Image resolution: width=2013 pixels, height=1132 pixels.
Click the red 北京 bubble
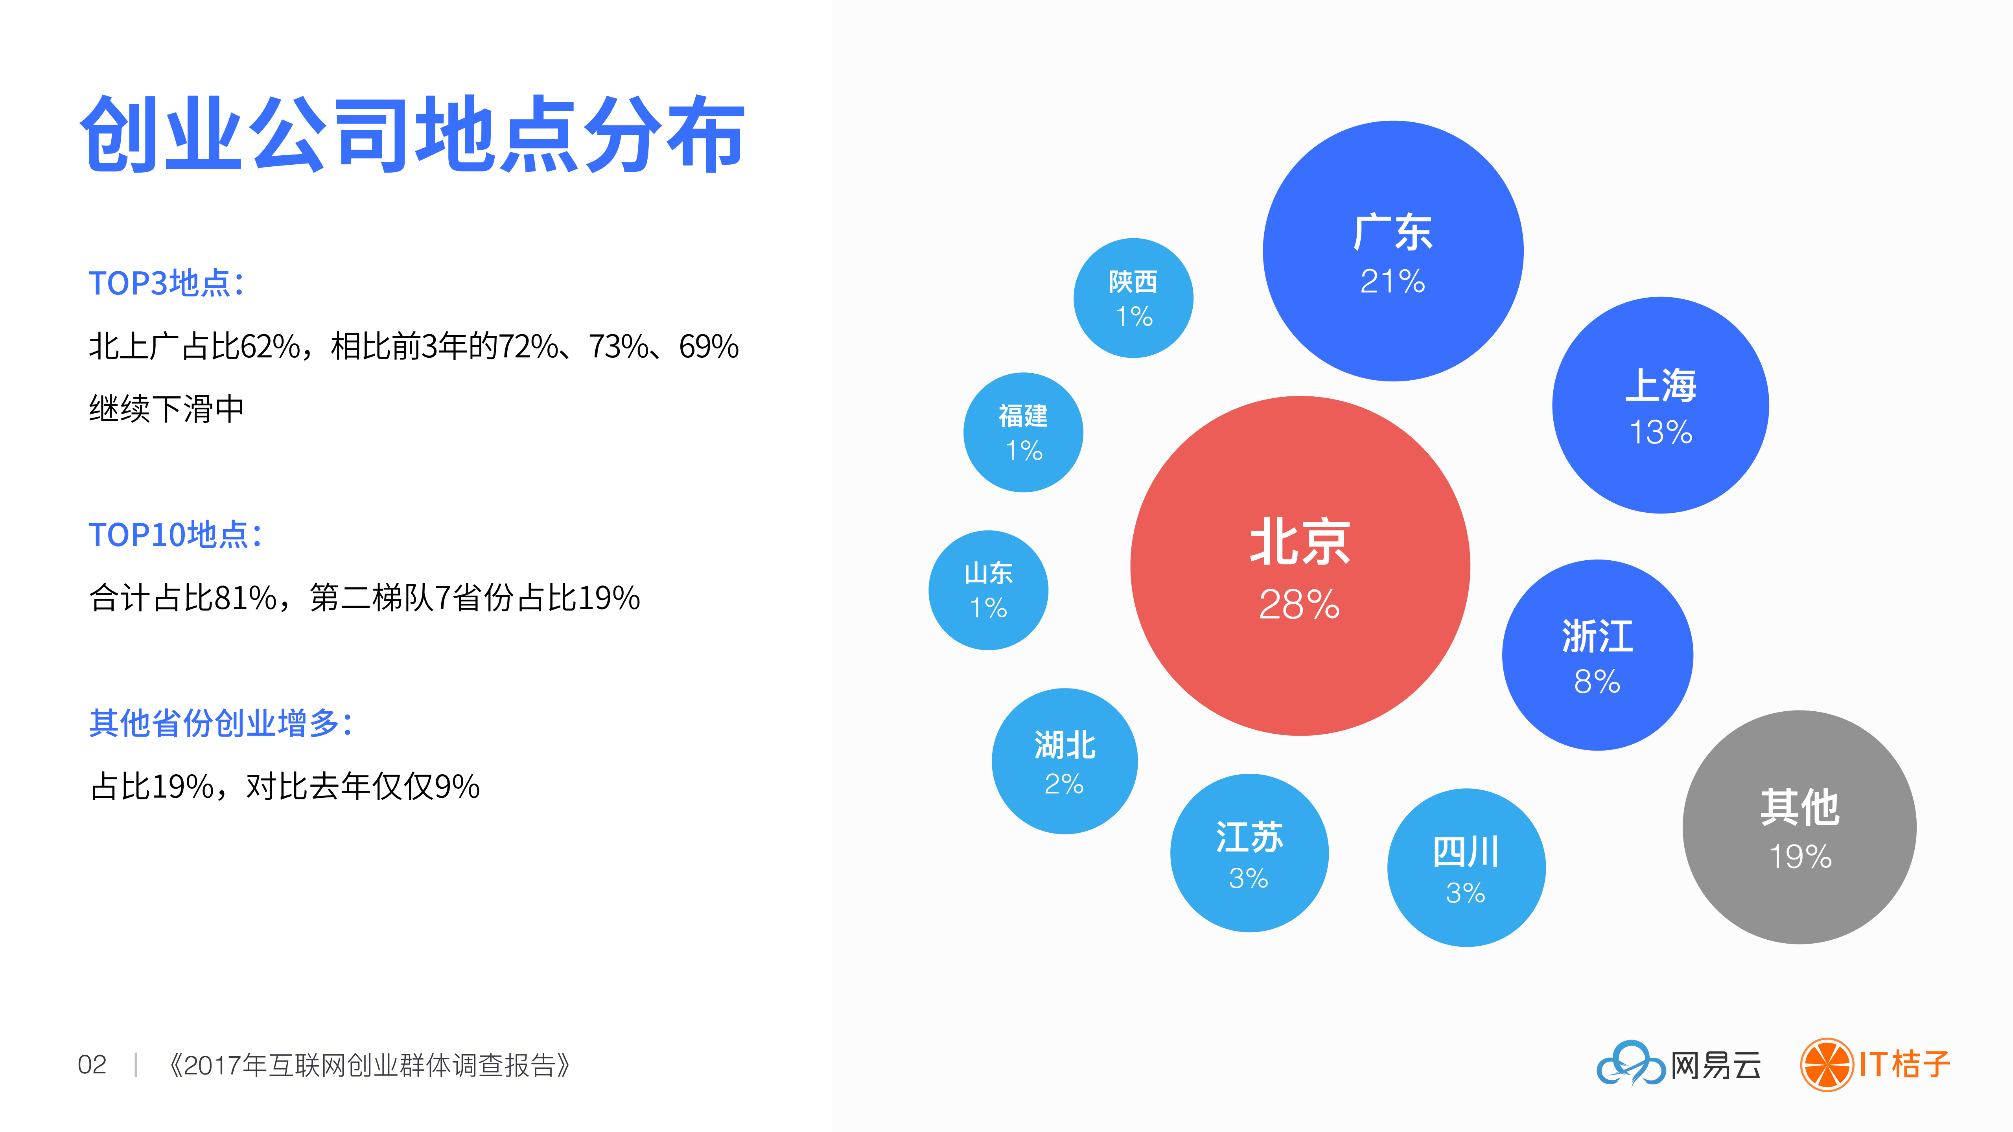click(x=1300, y=566)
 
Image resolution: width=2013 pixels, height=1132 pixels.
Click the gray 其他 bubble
click(x=1799, y=826)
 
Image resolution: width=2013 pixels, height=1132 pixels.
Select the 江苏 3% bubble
click(x=1249, y=852)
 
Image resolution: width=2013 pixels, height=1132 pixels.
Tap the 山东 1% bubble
click(x=988, y=590)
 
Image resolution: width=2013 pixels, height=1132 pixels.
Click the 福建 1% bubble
click(x=1023, y=432)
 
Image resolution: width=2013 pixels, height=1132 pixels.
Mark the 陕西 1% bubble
click(x=1133, y=298)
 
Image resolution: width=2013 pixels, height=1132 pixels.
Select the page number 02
click(x=92, y=1064)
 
